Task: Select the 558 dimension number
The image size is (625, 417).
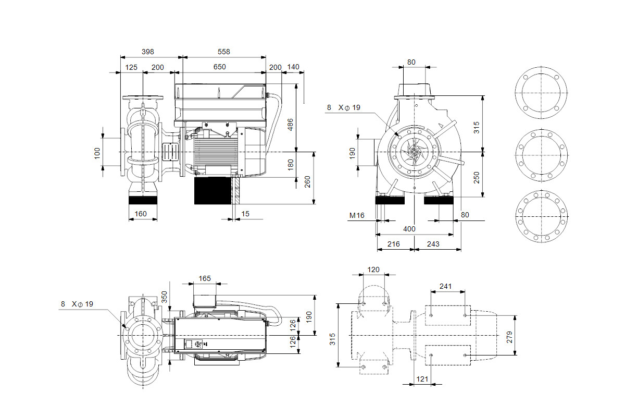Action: click(224, 52)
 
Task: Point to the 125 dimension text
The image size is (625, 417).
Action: click(131, 67)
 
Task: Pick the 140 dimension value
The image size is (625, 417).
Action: click(293, 67)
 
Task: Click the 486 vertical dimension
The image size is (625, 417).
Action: click(291, 124)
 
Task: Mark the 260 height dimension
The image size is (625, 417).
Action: click(307, 181)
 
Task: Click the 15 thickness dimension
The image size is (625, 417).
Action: click(245, 214)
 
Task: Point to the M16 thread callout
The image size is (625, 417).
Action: click(357, 215)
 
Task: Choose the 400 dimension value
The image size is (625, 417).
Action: click(409, 229)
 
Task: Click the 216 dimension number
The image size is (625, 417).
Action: click(394, 244)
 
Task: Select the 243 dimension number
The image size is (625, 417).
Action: click(433, 244)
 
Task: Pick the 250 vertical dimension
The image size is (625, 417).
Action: click(477, 177)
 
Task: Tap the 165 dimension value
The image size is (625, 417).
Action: click(205, 279)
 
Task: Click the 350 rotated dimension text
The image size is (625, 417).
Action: click(165, 298)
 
